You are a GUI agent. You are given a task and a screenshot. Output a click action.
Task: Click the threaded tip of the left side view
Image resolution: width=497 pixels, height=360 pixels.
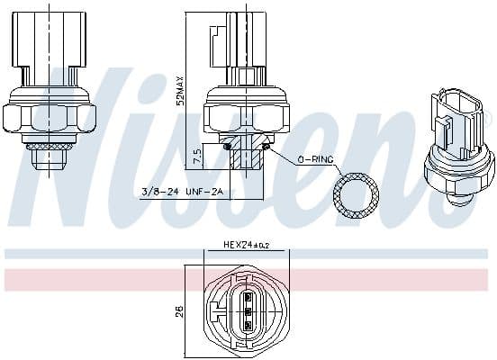click(49, 159)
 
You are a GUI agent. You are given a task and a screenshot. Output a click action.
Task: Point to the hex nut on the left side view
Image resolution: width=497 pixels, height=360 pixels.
click(49, 115)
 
